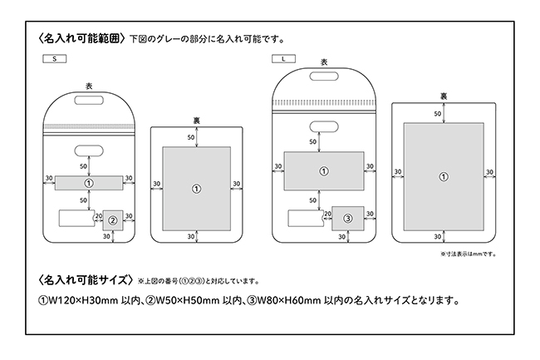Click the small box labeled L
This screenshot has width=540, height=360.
pos(285,58)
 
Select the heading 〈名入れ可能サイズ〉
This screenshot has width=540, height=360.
pos(86,279)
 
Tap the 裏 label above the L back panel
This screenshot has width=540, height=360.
pos(444,96)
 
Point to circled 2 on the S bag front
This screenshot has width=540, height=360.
pos(111,218)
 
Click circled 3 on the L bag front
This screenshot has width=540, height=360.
pos(348,217)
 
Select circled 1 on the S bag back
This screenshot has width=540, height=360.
pos(196,188)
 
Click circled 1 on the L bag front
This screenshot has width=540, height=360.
pos(322,170)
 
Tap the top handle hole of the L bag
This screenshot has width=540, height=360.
pos(323,81)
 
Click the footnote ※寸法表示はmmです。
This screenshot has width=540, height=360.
pos(468,254)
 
